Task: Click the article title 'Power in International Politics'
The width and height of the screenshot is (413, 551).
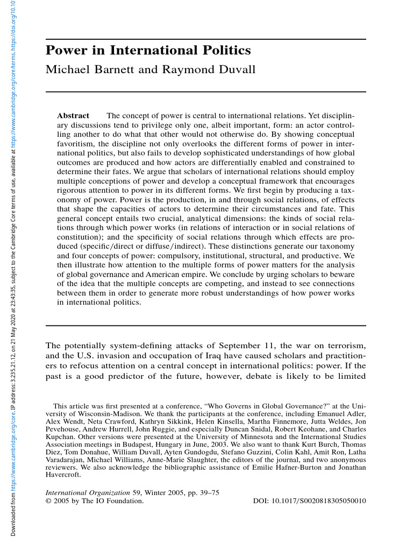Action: click(148, 51)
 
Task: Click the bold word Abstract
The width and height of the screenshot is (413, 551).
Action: click(73, 116)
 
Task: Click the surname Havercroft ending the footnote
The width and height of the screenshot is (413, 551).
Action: click(63, 475)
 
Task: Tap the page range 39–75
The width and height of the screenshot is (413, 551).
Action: click(203, 492)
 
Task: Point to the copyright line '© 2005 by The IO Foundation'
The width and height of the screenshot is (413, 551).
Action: click(95, 501)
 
